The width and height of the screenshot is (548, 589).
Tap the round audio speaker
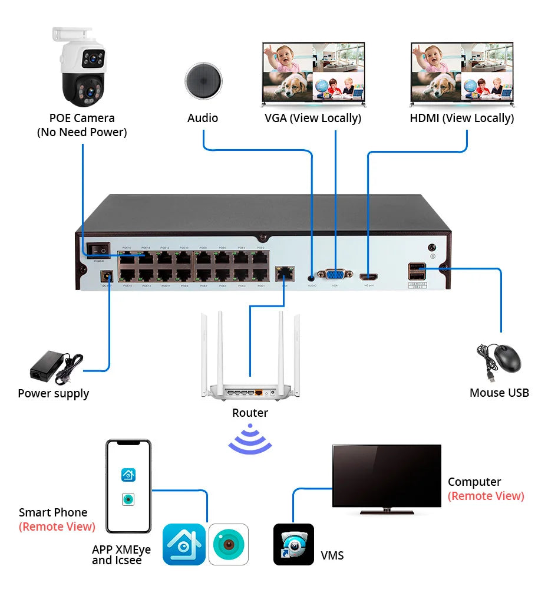tap(203, 81)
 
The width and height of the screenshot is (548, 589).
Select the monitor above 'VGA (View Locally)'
tap(313, 73)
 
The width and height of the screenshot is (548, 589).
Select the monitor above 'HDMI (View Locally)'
tap(461, 73)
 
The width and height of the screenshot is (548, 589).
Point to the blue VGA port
tap(335, 274)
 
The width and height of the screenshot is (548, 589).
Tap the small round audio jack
tap(312, 275)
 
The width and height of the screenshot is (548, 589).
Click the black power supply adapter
tap(55, 366)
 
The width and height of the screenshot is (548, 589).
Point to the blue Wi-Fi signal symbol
tap(250, 439)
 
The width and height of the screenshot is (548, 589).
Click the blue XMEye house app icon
tap(184, 544)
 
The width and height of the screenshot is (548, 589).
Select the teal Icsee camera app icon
tap(229, 544)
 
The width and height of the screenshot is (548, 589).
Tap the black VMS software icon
tap(293, 544)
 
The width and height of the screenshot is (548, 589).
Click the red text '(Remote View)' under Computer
tap(486, 496)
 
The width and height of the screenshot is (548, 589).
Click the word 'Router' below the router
tap(250, 413)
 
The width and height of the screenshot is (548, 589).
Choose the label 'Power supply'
tap(54, 393)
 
